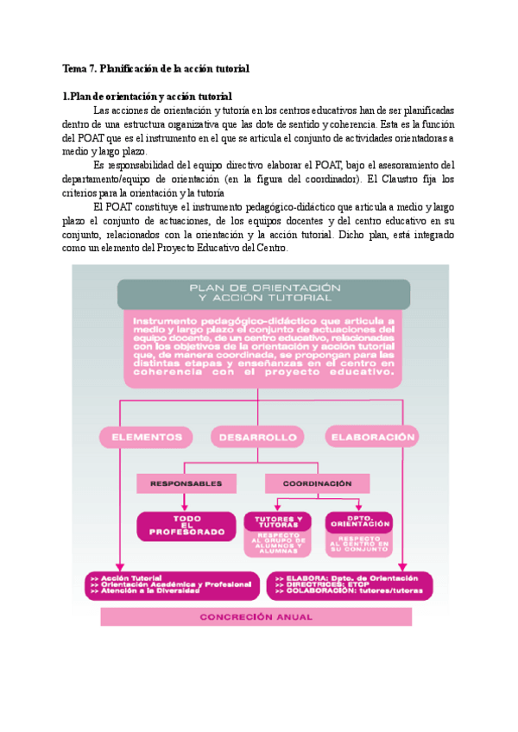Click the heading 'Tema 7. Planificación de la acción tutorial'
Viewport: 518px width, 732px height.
[156, 68]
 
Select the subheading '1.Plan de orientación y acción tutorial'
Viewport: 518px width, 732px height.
[148, 96]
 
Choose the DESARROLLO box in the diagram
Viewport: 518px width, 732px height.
[257, 437]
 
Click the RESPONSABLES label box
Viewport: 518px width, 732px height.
[186, 484]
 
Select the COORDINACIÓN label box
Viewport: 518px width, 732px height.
[317, 484]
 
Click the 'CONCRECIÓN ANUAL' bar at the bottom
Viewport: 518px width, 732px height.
[256, 617]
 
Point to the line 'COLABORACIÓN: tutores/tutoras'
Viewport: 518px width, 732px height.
[345, 593]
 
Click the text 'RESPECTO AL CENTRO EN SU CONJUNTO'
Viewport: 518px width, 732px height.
[358, 544]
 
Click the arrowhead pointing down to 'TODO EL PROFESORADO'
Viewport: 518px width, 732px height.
[186, 508]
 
